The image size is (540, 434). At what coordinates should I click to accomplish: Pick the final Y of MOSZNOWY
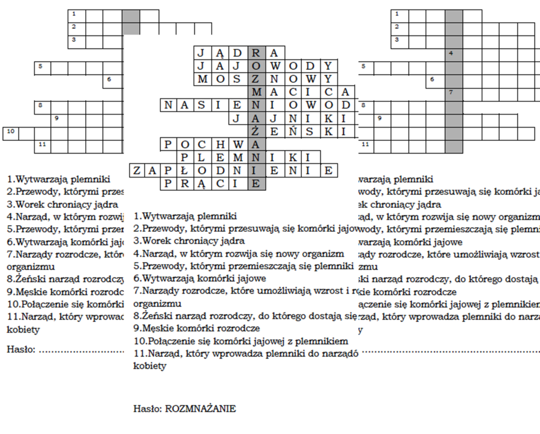click(x=327, y=79)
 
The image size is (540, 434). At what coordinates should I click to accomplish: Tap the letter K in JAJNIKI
click(x=327, y=119)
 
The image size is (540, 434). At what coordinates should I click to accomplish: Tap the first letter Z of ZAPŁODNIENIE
click(x=137, y=171)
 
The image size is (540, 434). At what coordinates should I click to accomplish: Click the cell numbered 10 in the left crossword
click(x=11, y=132)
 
